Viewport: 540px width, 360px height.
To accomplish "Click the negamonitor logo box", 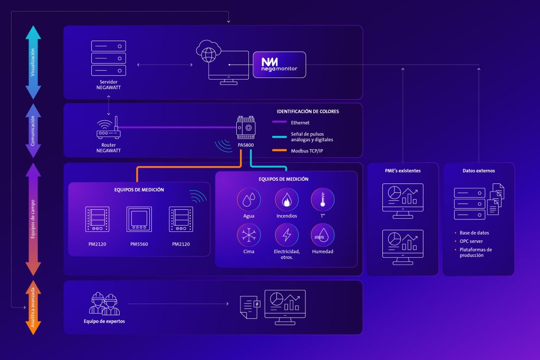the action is [x=279, y=65].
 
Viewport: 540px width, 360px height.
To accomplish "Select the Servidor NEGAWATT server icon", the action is [x=109, y=58].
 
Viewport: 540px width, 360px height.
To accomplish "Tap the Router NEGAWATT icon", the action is [x=109, y=128].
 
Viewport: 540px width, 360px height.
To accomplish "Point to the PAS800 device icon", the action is [x=246, y=128].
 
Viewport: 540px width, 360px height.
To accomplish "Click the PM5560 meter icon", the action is [x=139, y=219].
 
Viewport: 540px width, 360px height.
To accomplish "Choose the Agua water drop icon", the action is [x=249, y=200].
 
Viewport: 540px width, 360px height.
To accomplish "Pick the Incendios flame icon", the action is [x=286, y=200].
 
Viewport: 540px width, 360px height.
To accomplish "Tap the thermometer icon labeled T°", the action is [x=323, y=200].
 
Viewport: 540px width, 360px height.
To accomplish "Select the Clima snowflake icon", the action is [x=249, y=236].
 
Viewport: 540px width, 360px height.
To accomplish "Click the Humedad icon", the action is [x=323, y=236].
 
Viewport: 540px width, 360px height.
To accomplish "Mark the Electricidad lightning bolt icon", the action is [x=286, y=236].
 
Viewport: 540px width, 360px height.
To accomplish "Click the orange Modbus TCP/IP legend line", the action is [x=279, y=150].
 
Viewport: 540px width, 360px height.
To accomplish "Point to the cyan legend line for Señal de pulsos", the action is [x=279, y=137].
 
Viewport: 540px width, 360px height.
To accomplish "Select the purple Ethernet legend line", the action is [x=279, y=122].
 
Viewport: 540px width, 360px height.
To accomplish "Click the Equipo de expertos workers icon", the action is [x=104, y=304].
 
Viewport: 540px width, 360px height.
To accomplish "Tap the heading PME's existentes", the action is [x=402, y=171].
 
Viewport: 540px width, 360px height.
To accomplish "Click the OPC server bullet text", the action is [x=471, y=241].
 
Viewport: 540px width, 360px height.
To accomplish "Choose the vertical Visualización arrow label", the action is [x=33, y=62].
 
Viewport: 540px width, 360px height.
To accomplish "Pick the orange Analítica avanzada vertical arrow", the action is [x=33, y=307].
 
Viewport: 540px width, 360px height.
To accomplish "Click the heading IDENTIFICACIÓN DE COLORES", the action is [x=308, y=112].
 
